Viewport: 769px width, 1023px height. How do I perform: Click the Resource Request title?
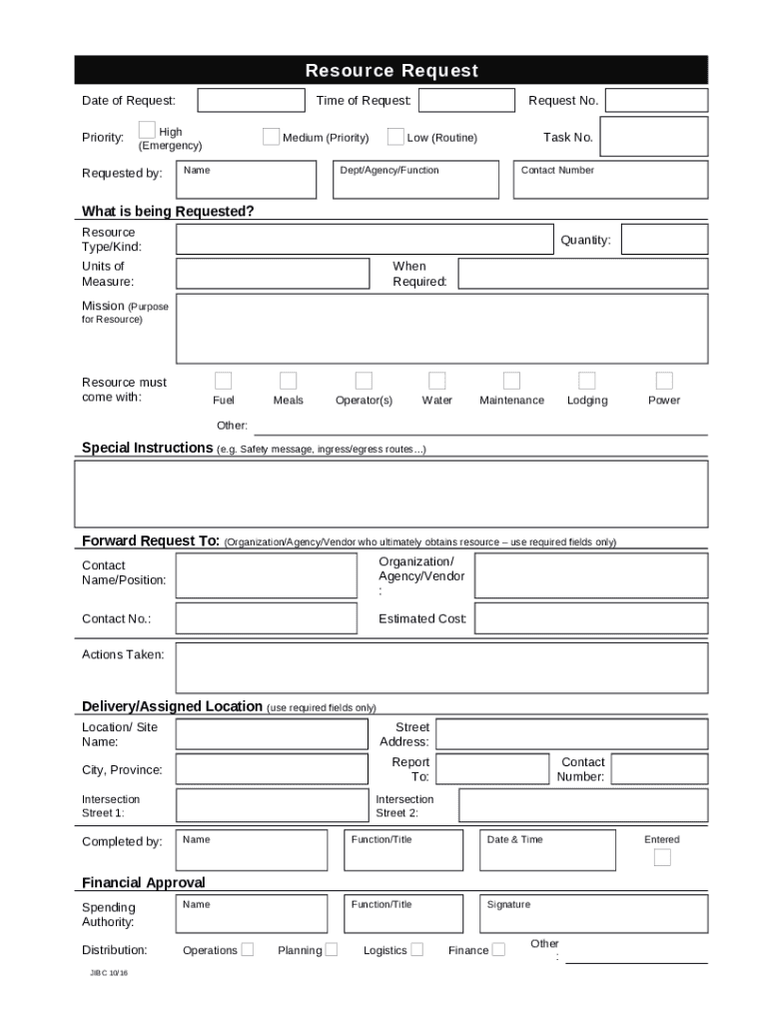tap(391, 71)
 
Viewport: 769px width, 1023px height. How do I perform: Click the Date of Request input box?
tap(251, 101)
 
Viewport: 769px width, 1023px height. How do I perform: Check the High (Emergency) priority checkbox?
tap(147, 130)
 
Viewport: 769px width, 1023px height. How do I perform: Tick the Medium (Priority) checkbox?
tap(271, 137)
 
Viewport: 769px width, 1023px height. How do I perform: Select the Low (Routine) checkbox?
tap(395, 137)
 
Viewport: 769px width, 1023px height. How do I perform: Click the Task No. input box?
tap(654, 138)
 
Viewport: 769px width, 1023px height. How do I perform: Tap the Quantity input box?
tap(664, 240)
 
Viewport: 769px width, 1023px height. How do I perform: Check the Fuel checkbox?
tap(224, 381)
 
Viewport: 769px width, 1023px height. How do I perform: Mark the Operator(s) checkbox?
tap(364, 381)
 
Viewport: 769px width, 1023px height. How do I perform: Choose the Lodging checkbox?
tap(587, 381)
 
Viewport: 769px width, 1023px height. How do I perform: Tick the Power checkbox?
tap(664, 381)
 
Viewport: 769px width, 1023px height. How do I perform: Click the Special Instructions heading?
tap(147, 449)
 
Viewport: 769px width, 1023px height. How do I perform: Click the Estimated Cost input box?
tap(591, 618)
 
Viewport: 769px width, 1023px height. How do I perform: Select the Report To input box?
tap(491, 769)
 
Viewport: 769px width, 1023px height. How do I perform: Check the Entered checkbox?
tap(662, 858)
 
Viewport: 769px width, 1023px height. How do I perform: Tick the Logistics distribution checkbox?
tap(416, 949)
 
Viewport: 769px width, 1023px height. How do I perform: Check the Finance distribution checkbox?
tap(497, 949)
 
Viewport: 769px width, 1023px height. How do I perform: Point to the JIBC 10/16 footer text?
tap(109, 973)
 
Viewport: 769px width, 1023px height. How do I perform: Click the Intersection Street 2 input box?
tap(583, 805)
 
